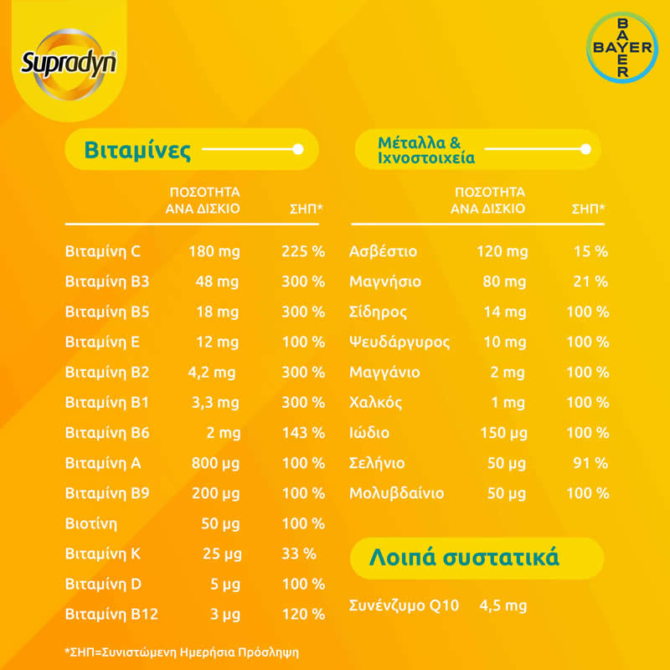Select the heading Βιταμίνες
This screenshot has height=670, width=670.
pyautogui.click(x=137, y=150)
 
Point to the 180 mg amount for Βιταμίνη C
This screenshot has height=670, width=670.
pyautogui.click(x=214, y=251)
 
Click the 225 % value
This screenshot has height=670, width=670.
pyautogui.click(x=302, y=251)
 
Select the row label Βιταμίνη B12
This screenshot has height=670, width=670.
pyautogui.click(x=111, y=614)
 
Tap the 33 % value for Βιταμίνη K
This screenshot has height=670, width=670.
pyautogui.click(x=297, y=554)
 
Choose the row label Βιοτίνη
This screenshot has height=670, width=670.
pyautogui.click(x=91, y=523)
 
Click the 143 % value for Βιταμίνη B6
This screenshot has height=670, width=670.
pyautogui.click(x=302, y=433)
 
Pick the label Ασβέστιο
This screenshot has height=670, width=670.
pyautogui.click(x=383, y=251)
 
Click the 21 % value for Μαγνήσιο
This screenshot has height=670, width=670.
pyautogui.click(x=590, y=281)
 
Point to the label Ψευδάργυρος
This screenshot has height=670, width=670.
pyautogui.click(x=399, y=342)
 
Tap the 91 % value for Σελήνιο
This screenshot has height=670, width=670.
pyautogui.click(x=590, y=463)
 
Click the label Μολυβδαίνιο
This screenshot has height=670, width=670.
pyautogui.click(x=396, y=493)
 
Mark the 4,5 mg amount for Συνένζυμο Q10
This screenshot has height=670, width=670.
pyautogui.click(x=502, y=606)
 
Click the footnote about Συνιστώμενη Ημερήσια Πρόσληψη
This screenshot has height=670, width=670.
pyautogui.click(x=181, y=651)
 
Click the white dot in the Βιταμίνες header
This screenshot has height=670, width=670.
pyautogui.click(x=297, y=150)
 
